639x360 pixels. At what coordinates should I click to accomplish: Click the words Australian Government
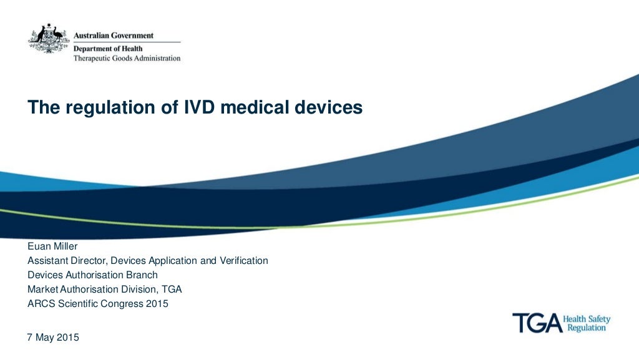pos(114,36)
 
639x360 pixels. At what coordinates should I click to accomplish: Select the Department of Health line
pos(108,48)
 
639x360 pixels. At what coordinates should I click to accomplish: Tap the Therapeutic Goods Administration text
pos(127,58)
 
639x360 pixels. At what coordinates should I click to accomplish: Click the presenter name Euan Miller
pos(52,246)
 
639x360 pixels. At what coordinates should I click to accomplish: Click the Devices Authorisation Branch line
pos(92,275)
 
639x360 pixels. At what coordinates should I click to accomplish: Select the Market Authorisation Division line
pos(105,289)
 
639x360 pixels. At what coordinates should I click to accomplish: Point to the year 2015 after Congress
pos(157,304)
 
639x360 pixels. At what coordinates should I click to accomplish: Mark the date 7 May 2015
pos(53,338)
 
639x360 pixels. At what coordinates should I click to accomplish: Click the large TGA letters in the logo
pos(535,323)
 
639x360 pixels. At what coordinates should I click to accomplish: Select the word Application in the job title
pos(172,260)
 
